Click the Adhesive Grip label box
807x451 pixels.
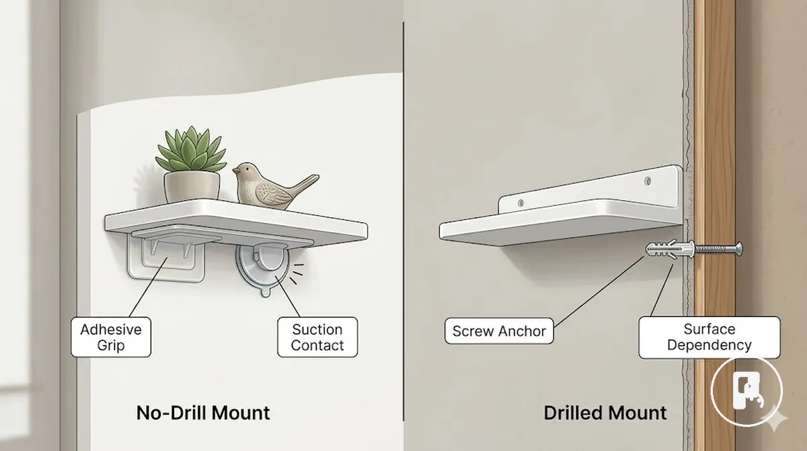coord(111,337)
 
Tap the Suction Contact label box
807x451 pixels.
coord(317,337)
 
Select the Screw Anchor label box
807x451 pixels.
coord(499,331)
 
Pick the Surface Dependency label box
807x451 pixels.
coord(709,337)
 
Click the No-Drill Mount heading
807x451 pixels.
coord(203,413)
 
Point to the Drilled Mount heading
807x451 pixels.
coord(605,413)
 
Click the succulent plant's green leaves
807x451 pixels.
coord(191,149)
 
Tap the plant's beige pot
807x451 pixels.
coord(192,186)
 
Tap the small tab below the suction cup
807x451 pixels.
coord(266,291)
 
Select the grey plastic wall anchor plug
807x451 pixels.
coord(670,249)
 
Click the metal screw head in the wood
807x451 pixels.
coord(738,248)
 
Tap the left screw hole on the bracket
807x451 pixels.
coord(521,203)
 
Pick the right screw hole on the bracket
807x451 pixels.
coord(648,180)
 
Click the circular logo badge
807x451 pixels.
coord(747,391)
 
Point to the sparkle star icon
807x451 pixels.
coord(775,418)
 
